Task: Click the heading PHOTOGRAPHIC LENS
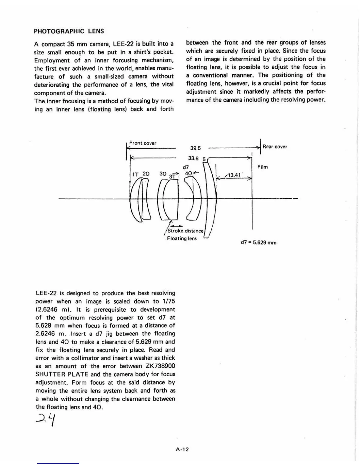[69, 31]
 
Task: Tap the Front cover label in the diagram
[143, 143]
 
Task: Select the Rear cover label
[275, 147]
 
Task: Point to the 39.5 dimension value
[195, 148]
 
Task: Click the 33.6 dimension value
[193, 158]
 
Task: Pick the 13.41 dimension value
[234, 175]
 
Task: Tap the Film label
[263, 167]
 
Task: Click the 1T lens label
[135, 174]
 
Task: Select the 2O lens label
[146, 174]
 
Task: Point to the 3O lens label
[163, 174]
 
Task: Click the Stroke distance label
[185, 231]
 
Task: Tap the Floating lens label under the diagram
[182, 238]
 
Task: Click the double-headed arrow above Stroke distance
[175, 226]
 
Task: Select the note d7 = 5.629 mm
[259, 243]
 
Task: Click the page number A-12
[182, 449]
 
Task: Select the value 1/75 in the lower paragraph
[168, 301]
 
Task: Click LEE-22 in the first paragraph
[124, 44]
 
